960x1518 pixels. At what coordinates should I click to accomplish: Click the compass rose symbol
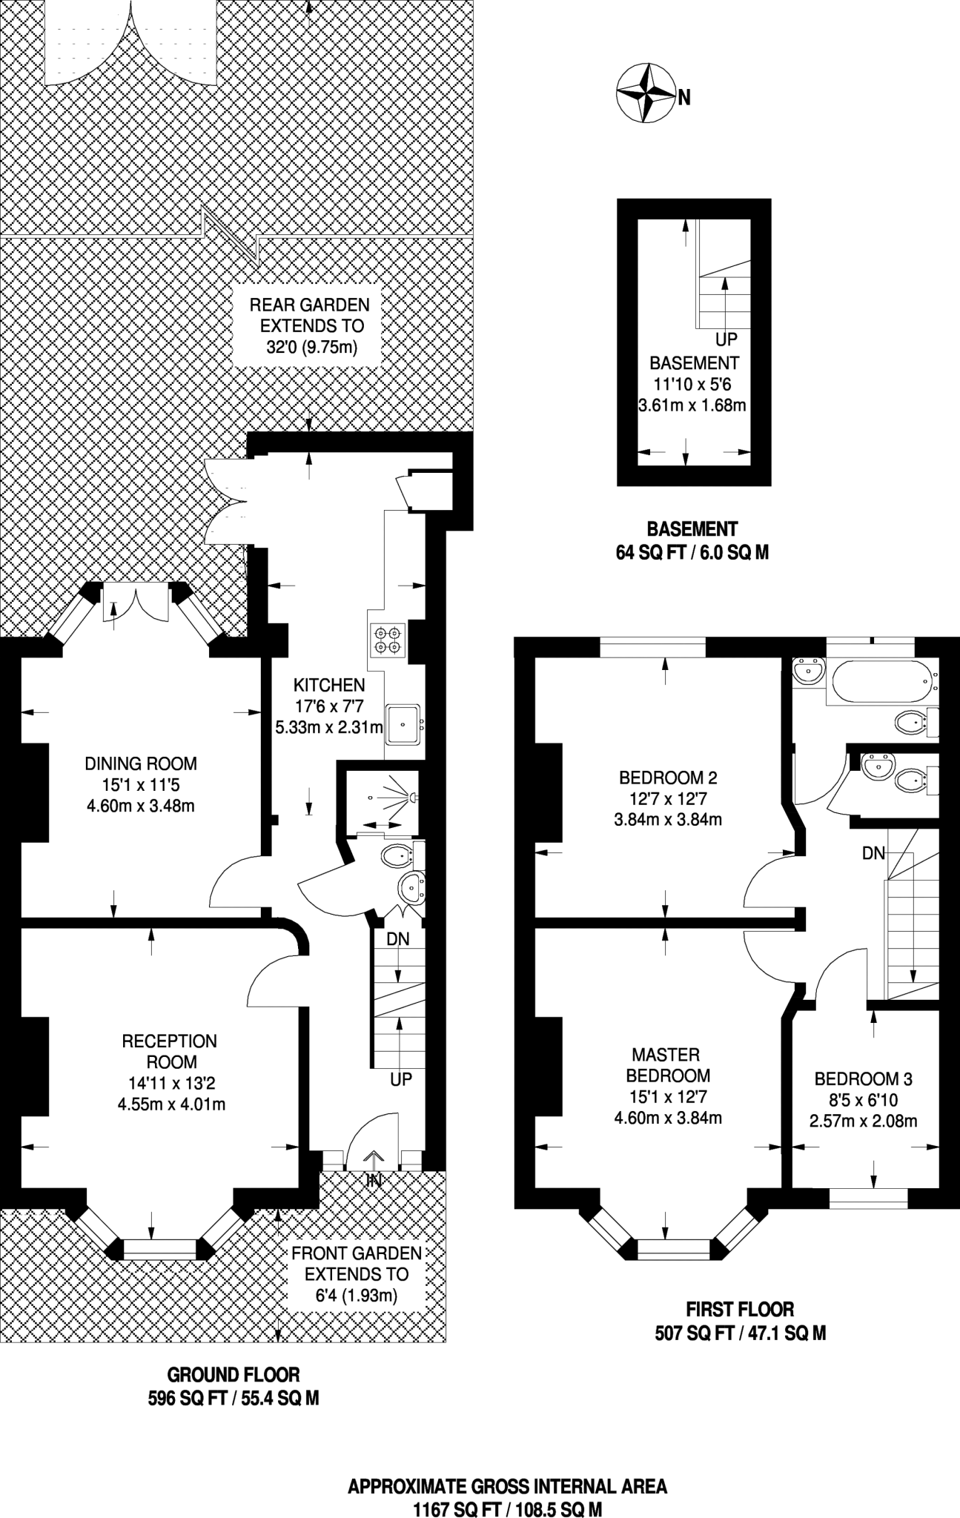pyautogui.click(x=645, y=93)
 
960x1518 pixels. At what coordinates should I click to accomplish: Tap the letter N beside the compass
pyautogui.click(x=684, y=97)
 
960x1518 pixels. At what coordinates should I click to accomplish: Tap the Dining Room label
pyautogui.click(x=141, y=763)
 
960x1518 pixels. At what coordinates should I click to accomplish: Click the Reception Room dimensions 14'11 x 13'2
pyautogui.click(x=171, y=1083)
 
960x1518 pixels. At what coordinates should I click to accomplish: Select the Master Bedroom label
pyautogui.click(x=668, y=1064)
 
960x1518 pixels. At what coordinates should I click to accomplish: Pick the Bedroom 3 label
pyautogui.click(x=863, y=1078)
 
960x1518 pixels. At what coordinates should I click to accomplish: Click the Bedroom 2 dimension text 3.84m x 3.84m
pyautogui.click(x=668, y=820)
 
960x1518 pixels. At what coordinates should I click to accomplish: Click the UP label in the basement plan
pyautogui.click(x=726, y=339)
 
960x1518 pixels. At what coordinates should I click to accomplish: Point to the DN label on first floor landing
pyautogui.click(x=873, y=853)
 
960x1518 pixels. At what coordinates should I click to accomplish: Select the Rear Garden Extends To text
pyautogui.click(x=309, y=314)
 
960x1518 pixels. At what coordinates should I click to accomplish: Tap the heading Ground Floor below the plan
pyautogui.click(x=234, y=1375)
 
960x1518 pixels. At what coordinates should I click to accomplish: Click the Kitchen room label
pyautogui.click(x=329, y=685)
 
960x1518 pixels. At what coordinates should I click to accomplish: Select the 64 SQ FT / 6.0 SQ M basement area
pyautogui.click(x=692, y=552)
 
